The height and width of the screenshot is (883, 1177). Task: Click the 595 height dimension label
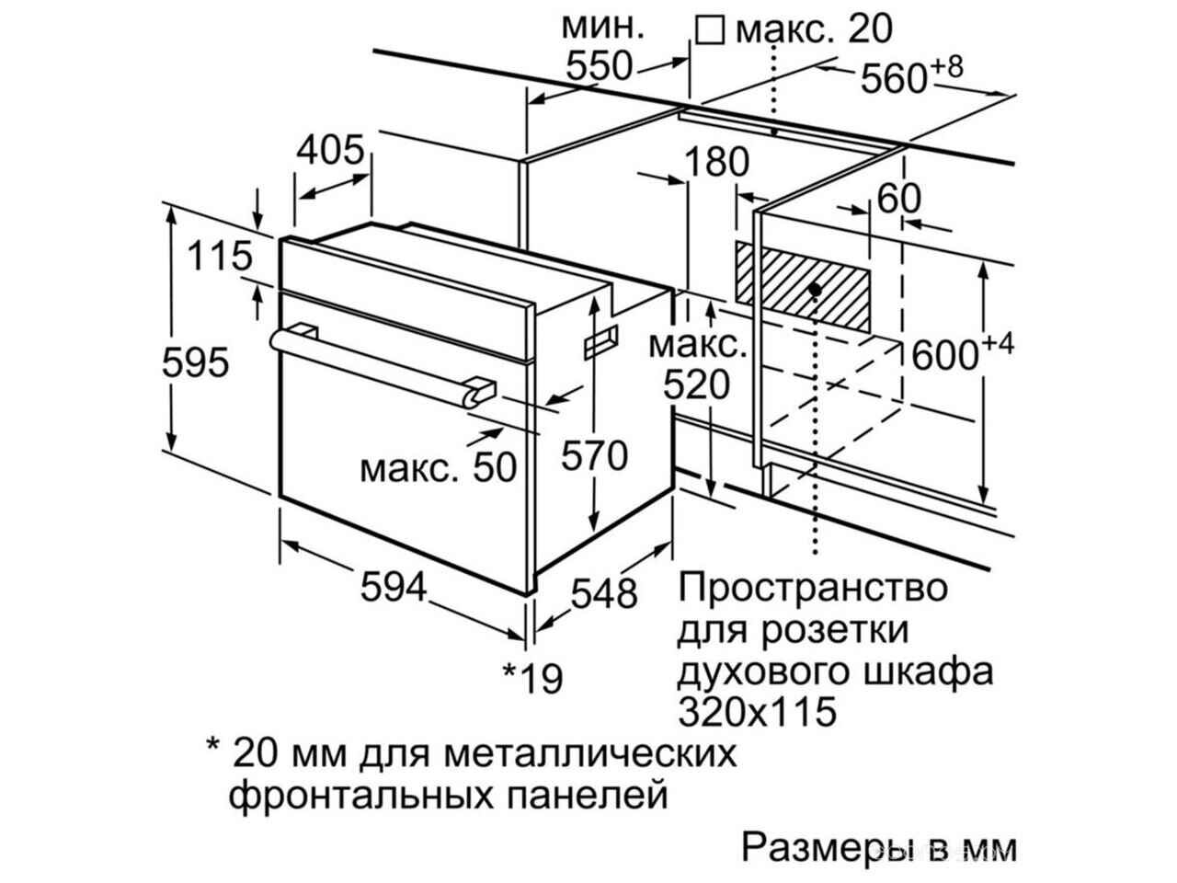coord(195,362)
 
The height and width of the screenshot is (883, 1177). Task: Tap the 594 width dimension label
coord(393,587)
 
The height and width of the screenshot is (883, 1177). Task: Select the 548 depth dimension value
coord(604,593)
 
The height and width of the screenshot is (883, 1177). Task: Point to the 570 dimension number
coord(594,455)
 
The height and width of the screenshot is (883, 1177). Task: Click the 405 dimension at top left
coord(330,150)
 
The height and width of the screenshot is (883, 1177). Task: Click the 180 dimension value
coord(716,161)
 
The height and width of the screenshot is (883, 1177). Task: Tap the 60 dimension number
coord(898,199)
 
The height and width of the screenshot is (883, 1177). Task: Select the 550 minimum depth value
coord(600,66)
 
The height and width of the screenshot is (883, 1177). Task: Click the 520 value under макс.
coord(697,385)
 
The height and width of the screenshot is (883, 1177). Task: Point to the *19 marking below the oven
coord(532,678)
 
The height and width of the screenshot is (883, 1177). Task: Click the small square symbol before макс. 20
coord(709,29)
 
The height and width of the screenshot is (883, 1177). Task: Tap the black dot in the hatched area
coord(815,290)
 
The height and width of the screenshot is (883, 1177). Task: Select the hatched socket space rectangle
coord(803,286)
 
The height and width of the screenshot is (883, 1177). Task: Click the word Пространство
coord(813,588)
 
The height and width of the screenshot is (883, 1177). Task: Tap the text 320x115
coord(758,711)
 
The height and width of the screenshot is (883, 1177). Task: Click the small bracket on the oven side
coord(600,341)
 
